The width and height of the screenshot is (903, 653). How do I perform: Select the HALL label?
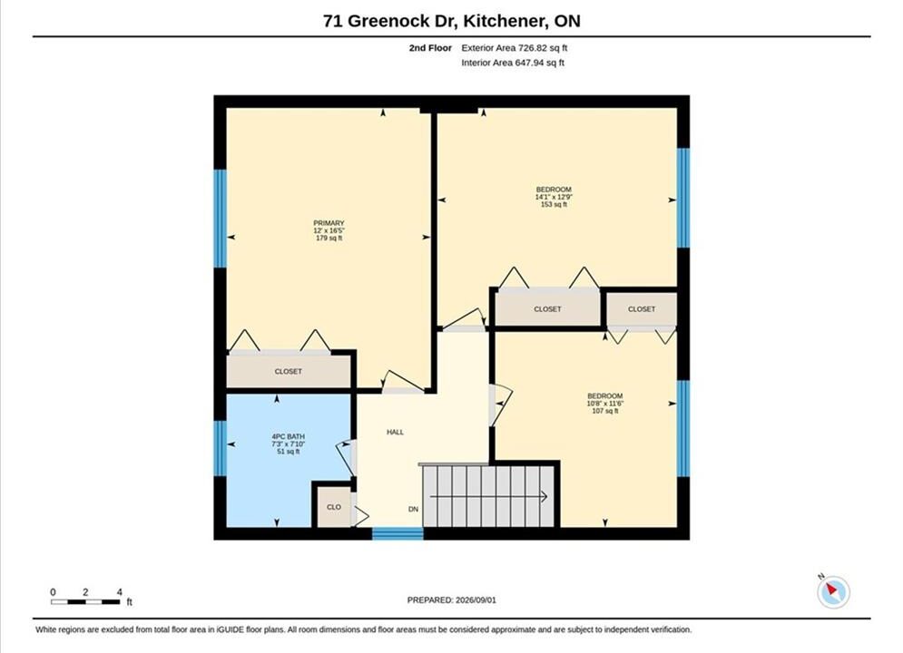click(x=395, y=432)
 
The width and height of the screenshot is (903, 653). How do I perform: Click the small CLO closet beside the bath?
click(x=334, y=507)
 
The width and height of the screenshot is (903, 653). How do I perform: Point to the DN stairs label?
click(x=413, y=509)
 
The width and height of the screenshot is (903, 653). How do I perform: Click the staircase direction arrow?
click(x=489, y=496)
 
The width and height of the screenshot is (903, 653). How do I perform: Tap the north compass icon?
click(x=833, y=590)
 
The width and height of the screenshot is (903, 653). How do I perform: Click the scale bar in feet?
click(x=85, y=602)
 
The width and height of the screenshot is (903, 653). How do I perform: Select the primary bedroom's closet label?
click(x=288, y=372)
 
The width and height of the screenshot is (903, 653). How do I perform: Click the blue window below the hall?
click(x=398, y=533)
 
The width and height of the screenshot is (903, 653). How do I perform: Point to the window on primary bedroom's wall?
click(x=220, y=218)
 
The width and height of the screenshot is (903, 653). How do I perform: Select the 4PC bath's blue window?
click(x=220, y=449)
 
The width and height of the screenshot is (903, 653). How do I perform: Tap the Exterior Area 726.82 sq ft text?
click(x=515, y=48)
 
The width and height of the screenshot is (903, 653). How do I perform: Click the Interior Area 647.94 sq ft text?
click(x=513, y=63)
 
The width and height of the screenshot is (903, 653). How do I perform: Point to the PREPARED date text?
click(x=452, y=600)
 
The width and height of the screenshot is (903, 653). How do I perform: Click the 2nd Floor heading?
click(x=430, y=48)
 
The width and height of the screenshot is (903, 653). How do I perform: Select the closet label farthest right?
click(x=642, y=309)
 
